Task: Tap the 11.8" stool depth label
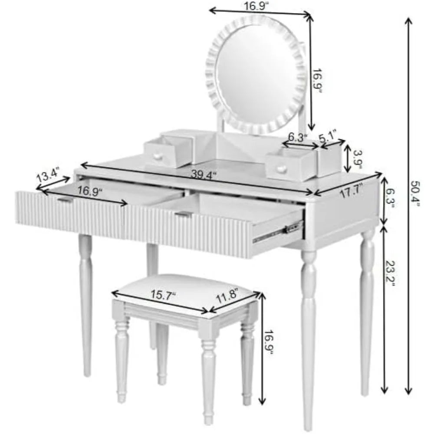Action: coord(227,295)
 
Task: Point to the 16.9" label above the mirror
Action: coord(256,6)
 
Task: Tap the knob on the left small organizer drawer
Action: coord(158,156)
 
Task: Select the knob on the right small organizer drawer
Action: coord(281,168)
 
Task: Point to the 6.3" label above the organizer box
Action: coord(298,137)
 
